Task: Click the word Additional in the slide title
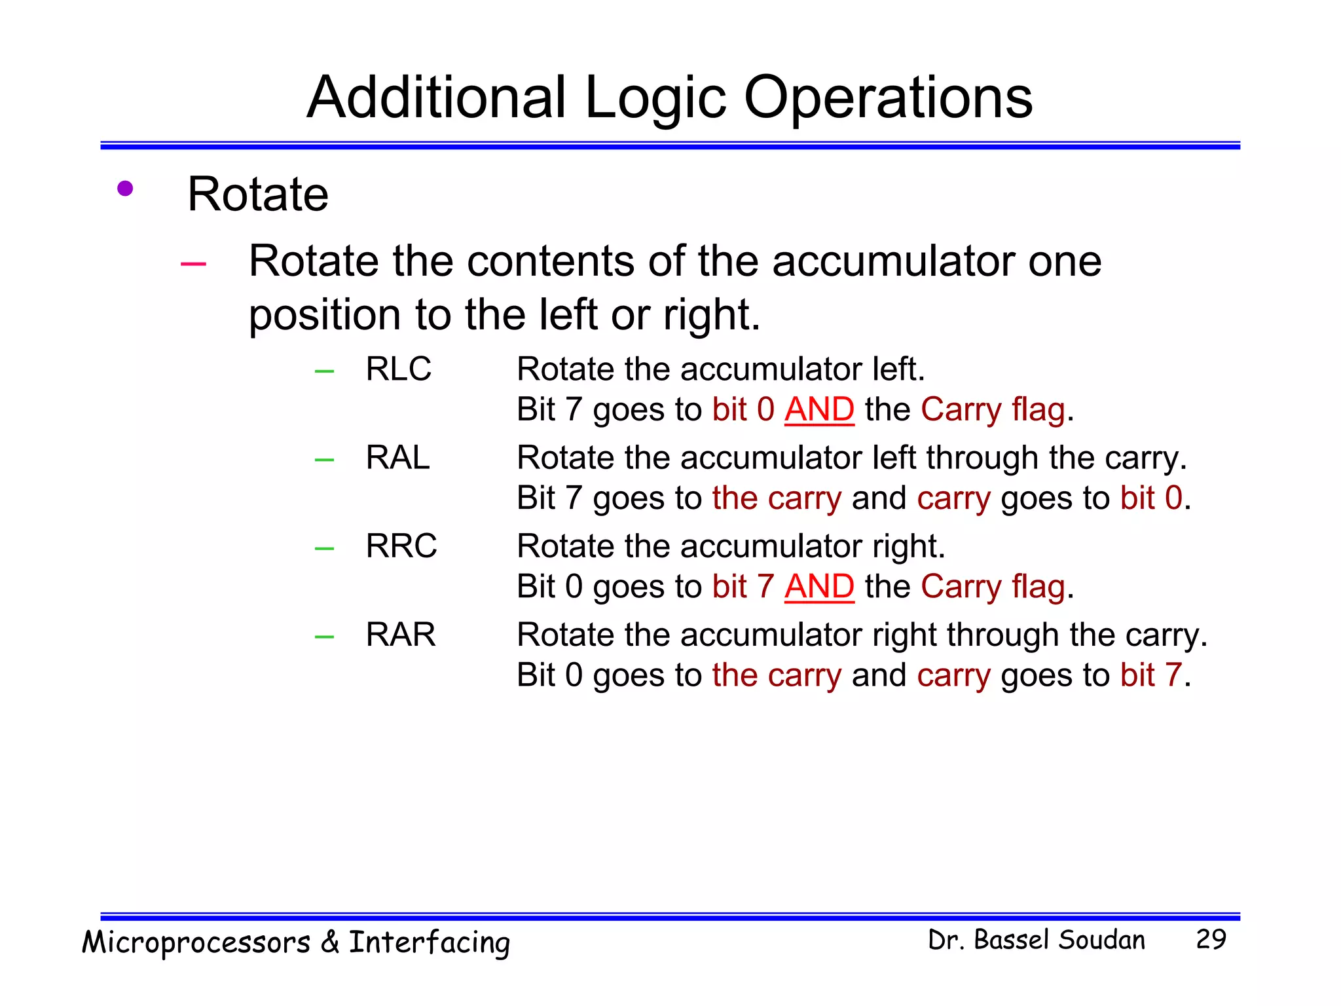coord(436,98)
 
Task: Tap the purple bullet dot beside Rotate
coord(125,189)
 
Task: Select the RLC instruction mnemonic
coord(398,369)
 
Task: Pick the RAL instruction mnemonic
coord(397,457)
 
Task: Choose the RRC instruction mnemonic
coord(401,546)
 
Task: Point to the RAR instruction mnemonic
coord(400,634)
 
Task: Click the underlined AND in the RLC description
coord(819,410)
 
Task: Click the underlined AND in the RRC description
coord(819,587)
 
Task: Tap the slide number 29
coord(1211,939)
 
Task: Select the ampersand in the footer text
coord(330,942)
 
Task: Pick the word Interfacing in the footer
coord(429,943)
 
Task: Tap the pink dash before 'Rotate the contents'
coord(193,264)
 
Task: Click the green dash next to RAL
coord(324,460)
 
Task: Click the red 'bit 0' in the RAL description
coord(1151,498)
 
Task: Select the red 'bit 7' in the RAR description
coord(1151,675)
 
